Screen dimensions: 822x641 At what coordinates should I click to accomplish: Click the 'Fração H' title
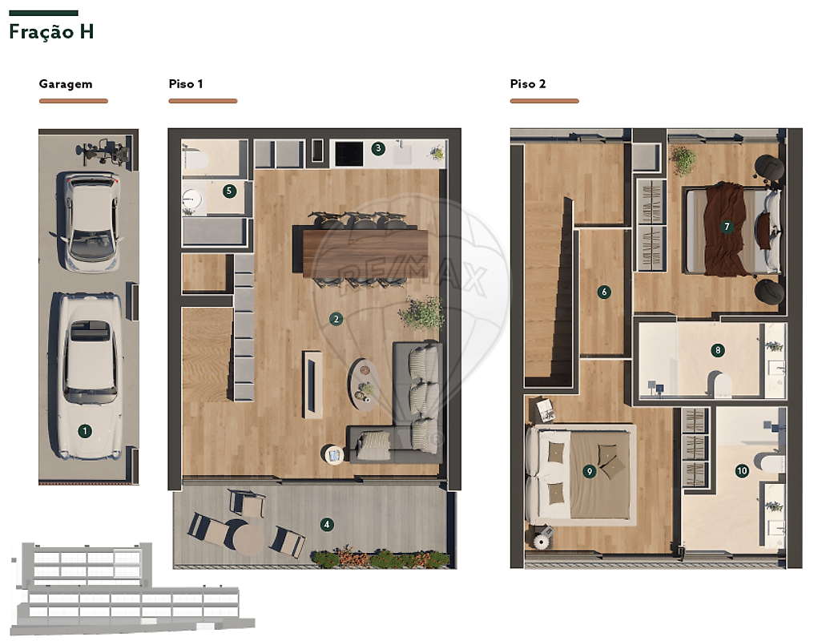coord(51,32)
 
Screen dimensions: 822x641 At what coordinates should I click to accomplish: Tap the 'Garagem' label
coord(66,84)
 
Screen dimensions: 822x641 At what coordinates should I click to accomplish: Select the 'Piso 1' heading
coord(186,84)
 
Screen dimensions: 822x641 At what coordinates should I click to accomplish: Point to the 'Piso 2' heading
coord(528,84)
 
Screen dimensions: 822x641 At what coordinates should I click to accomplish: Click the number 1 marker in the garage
coord(85,431)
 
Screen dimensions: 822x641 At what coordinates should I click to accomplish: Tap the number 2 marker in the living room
coord(336,319)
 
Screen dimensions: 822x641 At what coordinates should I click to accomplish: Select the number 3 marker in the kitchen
coord(378,148)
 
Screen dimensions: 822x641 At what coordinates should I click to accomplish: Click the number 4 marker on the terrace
coord(327,524)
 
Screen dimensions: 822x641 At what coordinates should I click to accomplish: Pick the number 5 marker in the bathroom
coord(229,191)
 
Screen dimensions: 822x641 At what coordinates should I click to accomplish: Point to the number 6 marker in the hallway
coord(604,292)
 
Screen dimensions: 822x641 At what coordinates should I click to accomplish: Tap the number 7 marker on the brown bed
coord(727,227)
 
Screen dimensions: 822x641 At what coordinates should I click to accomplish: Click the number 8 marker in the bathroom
coord(718,350)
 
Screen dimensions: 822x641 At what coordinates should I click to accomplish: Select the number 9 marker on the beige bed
coord(589,471)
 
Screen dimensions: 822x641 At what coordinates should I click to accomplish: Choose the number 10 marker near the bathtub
coord(742,470)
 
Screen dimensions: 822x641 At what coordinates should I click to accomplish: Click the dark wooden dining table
coord(365,253)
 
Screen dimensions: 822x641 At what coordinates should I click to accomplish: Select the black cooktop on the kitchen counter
coord(349,153)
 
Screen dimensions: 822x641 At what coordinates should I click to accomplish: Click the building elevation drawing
coord(132,587)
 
